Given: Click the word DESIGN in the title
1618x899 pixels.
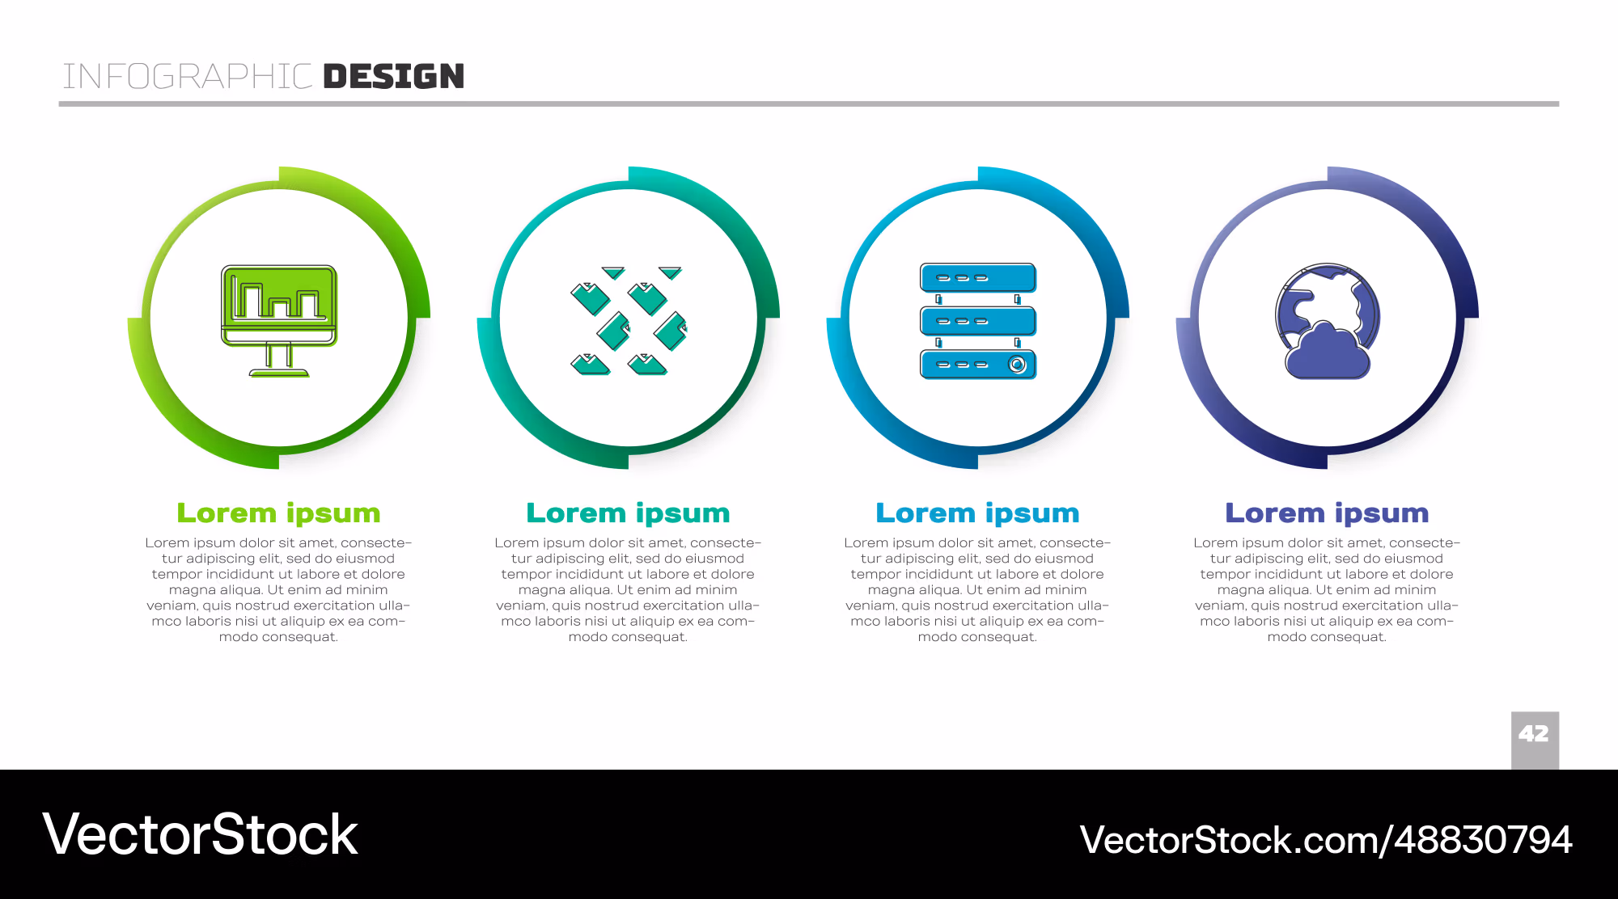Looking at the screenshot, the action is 394,77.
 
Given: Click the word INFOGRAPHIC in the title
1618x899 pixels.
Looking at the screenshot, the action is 188,77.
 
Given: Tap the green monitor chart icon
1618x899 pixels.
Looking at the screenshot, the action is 279,321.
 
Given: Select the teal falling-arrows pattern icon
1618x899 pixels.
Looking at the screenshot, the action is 629,321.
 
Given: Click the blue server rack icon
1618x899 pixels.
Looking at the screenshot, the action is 978,321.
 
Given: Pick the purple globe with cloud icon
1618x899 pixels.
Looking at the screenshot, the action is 1328,321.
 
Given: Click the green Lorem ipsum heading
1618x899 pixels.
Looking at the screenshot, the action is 279,513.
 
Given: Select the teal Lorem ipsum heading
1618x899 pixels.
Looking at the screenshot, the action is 629,513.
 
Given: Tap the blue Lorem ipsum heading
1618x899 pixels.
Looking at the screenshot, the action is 978,513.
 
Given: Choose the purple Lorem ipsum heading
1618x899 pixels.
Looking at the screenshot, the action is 1328,513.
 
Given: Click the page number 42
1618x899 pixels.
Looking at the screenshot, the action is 1534,734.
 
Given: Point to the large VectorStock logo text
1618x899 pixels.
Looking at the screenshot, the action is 200,834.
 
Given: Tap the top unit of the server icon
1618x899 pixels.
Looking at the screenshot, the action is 978,278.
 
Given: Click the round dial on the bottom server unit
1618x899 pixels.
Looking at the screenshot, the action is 1018,365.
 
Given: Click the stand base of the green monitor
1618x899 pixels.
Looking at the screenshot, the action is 279,373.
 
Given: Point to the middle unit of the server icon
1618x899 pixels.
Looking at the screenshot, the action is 978,321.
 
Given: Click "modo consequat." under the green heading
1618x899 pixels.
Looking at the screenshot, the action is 279,637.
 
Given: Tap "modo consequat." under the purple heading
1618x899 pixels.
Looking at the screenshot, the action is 1328,637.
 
